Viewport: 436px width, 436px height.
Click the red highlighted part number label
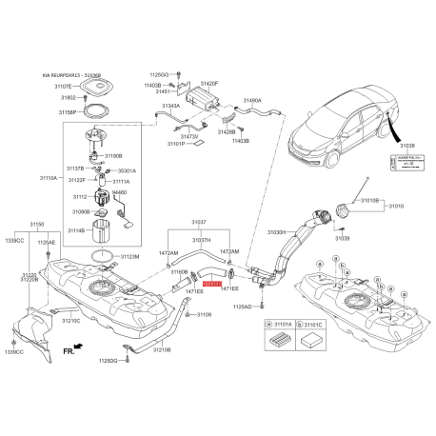pos(212,284)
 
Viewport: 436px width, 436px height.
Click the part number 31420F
pos(208,83)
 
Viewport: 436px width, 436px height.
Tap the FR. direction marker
pos(69,351)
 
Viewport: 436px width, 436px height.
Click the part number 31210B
pos(160,350)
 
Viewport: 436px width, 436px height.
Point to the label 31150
pos(36,224)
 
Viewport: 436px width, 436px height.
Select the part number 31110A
pos(50,178)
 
